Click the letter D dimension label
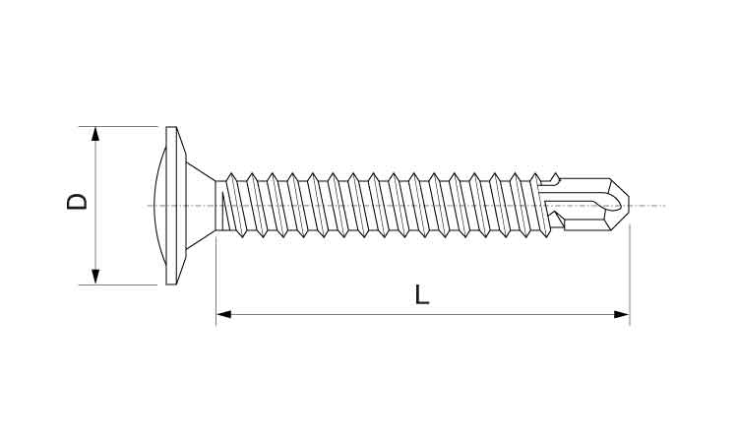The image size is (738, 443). point(77,202)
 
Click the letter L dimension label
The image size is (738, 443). point(422,294)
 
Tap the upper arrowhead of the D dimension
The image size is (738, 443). point(95,134)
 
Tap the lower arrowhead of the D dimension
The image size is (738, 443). point(95,277)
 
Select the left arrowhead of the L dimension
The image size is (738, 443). point(224,314)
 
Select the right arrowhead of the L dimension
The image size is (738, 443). point(622,314)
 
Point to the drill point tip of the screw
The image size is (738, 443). point(629,205)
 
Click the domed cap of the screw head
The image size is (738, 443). point(160,206)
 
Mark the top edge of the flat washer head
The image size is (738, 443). point(172,127)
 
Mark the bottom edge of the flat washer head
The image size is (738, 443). point(172,284)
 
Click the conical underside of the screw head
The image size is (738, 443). point(201,206)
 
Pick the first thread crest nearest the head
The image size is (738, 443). point(230,175)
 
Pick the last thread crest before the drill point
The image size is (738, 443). point(535,175)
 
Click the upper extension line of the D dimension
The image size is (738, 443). point(118,126)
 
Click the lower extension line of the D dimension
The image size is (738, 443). point(118,285)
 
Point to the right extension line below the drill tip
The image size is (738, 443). point(630,275)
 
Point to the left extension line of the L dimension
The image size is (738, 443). point(216,281)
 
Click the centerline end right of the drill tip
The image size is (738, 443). point(664,206)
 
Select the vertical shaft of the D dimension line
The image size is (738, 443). point(95,206)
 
